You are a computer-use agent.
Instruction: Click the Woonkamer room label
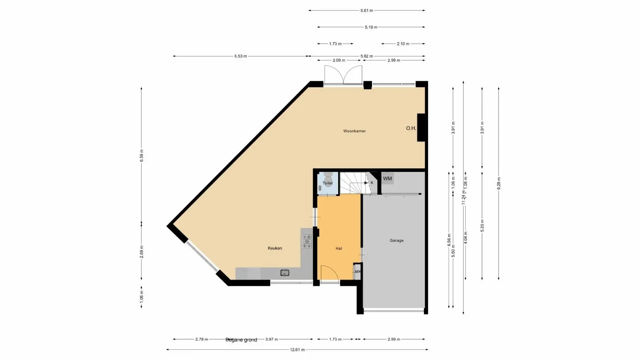pos(354,131)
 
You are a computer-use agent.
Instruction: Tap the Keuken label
pos(275,248)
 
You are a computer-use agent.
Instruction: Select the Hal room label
pos(339,248)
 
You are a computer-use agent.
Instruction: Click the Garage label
pos(396,240)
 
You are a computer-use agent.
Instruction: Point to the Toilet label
pos(328,183)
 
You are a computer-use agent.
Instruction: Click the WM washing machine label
pos(388,179)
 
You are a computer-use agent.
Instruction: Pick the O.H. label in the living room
pos(411,128)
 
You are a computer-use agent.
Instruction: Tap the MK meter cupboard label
pos(358,272)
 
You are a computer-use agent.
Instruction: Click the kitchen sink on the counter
pos(285,273)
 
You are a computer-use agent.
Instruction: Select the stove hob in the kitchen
pos(307,241)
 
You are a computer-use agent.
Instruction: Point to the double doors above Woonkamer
pos(343,75)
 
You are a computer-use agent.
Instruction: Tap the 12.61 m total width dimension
pos(297,350)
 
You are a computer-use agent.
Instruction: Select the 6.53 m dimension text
pos(240,56)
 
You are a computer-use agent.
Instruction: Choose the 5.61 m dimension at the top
pos(366,10)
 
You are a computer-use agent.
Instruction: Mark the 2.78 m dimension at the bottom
pos(201,340)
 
